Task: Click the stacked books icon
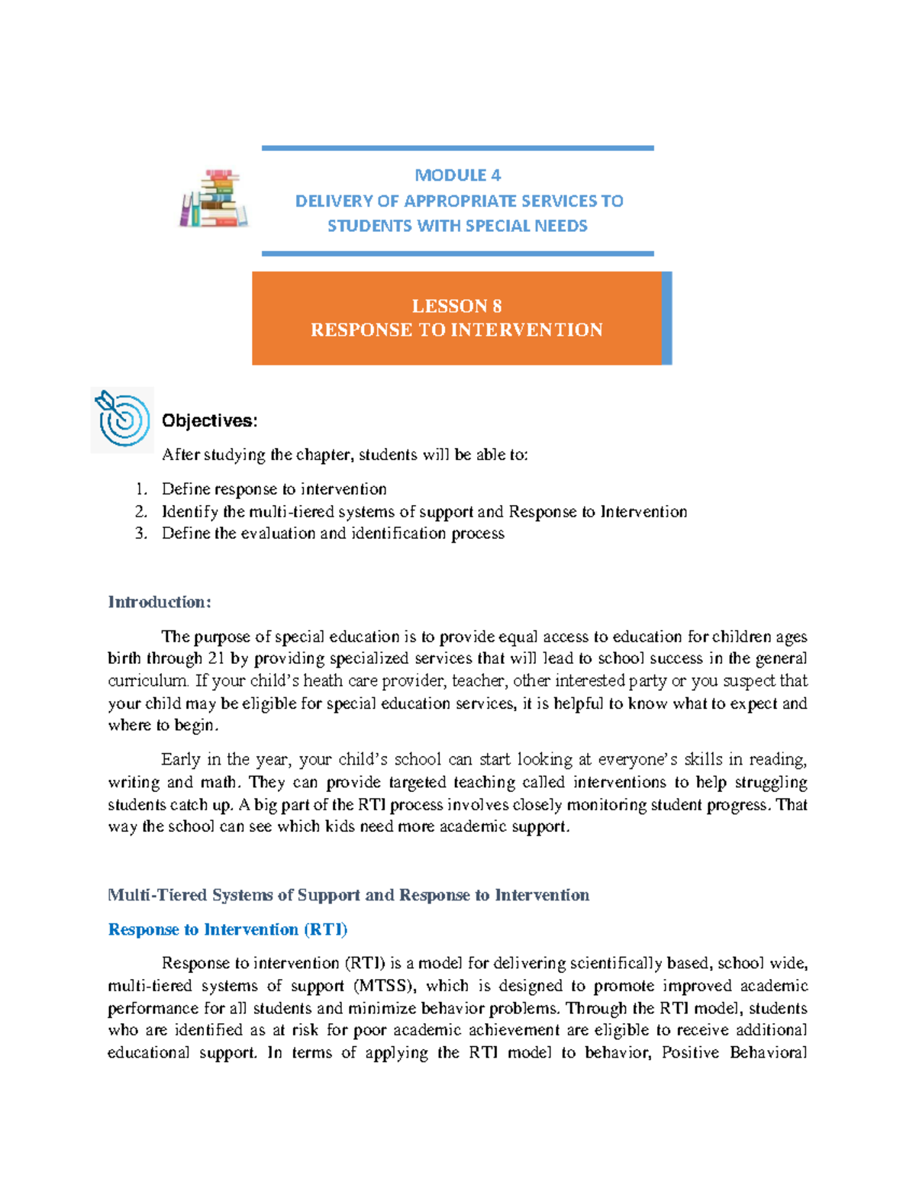point(214,198)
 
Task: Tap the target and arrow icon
point(122,419)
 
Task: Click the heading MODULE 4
point(457,175)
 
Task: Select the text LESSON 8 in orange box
point(456,306)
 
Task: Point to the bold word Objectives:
point(209,420)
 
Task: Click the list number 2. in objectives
point(140,512)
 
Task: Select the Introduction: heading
point(159,602)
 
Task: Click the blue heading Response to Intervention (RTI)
point(227,929)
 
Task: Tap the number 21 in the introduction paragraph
point(216,659)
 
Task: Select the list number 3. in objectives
point(140,533)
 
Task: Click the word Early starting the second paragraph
point(181,760)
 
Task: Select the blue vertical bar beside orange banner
point(666,318)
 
